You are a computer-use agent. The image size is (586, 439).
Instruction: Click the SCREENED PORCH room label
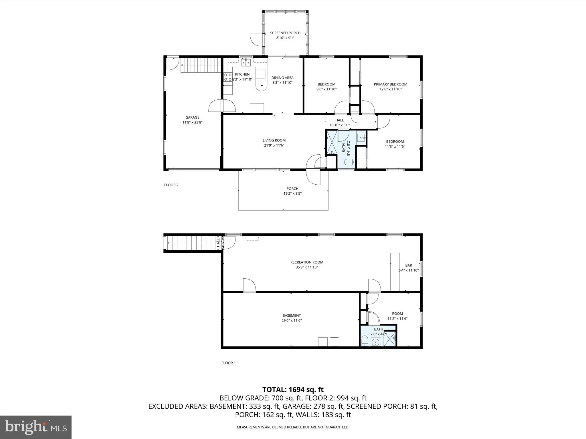285,33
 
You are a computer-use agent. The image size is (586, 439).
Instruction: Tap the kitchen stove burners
228,77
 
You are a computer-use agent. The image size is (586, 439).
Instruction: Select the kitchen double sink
246,63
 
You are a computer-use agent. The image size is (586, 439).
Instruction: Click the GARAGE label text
192,117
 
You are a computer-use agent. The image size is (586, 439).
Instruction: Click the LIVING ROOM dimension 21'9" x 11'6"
274,145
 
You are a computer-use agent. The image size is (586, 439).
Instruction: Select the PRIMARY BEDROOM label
390,84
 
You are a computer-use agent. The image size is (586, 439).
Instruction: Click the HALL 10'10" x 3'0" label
340,123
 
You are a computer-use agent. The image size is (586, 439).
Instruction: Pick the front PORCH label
292,189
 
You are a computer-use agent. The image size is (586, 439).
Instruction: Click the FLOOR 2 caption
171,185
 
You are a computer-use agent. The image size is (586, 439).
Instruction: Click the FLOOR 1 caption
228,363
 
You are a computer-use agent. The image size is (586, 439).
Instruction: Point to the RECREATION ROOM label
307,262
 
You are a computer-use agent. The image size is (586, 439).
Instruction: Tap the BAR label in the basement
408,266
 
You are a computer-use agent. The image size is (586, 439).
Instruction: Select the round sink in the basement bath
375,342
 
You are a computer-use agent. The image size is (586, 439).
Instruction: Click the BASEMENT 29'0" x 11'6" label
292,318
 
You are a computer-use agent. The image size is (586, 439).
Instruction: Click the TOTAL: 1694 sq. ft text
293,390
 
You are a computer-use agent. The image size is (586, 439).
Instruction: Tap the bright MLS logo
36,427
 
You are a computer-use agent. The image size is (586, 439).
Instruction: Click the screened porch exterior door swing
256,40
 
